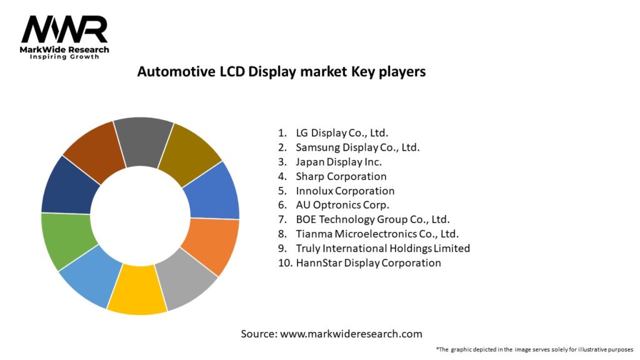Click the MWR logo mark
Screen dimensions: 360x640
click(64, 29)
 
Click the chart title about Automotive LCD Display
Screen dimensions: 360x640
click(281, 72)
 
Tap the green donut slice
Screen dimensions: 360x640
click(69, 239)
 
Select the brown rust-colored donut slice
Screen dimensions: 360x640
click(96, 151)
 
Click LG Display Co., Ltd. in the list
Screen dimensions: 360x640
click(342, 132)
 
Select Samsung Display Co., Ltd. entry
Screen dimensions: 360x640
click(357, 147)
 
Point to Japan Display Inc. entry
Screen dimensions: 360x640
click(339, 162)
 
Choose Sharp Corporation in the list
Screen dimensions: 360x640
click(341, 176)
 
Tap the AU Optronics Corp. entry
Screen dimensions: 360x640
click(342, 205)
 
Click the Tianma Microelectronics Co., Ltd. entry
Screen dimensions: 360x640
click(377, 234)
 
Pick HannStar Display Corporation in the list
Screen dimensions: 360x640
click(368, 262)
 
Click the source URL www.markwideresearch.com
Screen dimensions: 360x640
click(351, 334)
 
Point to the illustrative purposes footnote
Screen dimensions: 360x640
click(535, 349)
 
